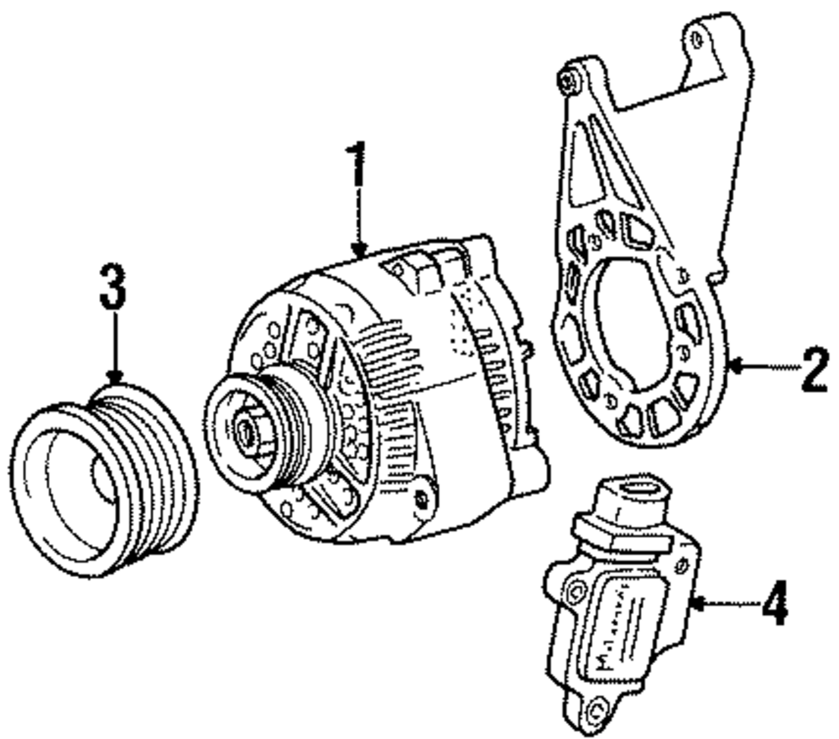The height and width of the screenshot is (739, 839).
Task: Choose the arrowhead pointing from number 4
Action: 696,601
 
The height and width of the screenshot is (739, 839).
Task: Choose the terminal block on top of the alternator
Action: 419,268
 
